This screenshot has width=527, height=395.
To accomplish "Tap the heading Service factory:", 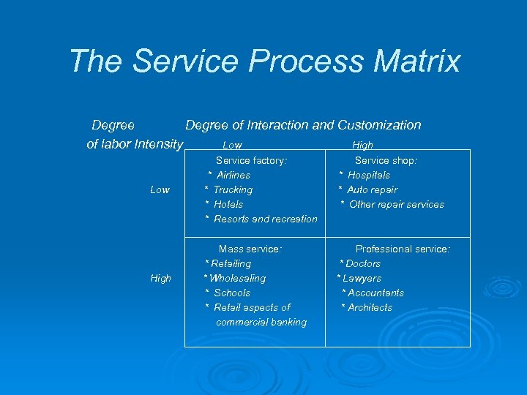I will point(251,160).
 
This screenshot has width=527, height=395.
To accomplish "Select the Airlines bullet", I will point(233,175).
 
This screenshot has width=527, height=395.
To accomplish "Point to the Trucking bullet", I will point(232,189).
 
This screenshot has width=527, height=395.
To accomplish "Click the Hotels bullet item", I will point(228,204).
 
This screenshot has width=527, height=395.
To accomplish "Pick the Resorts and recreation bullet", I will point(265,219).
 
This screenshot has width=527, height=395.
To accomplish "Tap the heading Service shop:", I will point(386,160).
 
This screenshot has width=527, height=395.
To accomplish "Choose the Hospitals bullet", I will point(368,175).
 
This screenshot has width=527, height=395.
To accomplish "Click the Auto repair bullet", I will point(372,189).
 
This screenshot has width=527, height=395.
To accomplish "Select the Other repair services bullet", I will point(396,204).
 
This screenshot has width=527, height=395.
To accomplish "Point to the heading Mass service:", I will point(250,249).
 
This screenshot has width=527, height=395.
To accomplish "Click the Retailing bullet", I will point(230,263).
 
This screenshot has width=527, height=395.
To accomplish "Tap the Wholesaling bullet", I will point(236,278).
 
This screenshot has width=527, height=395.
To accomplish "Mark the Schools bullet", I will point(231,293).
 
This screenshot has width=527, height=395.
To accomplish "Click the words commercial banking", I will point(261,322).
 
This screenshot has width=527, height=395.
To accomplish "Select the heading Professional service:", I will point(403,249).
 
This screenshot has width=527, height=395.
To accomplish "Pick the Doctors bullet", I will point(362,263).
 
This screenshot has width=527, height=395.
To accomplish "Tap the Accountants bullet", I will point(375,293).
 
